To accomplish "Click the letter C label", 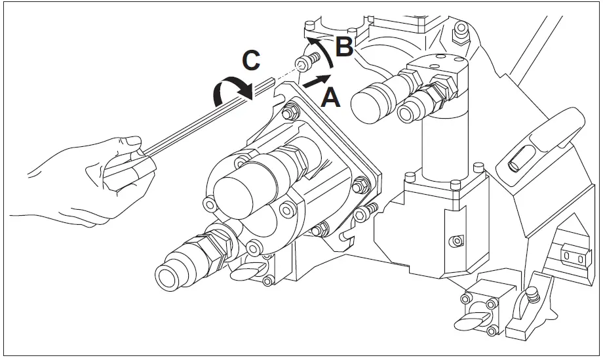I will (252, 61).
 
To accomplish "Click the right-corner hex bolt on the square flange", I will (360, 187).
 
